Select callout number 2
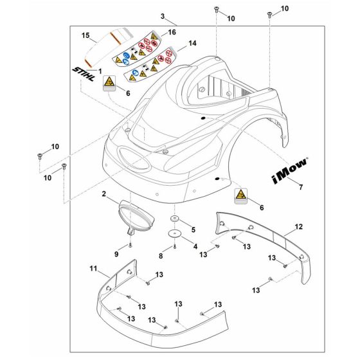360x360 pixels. (x=104, y=193)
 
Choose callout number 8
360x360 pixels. (x=160, y=256)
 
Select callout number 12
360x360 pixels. (x=298, y=226)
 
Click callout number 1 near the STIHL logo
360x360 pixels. (x=99, y=69)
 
